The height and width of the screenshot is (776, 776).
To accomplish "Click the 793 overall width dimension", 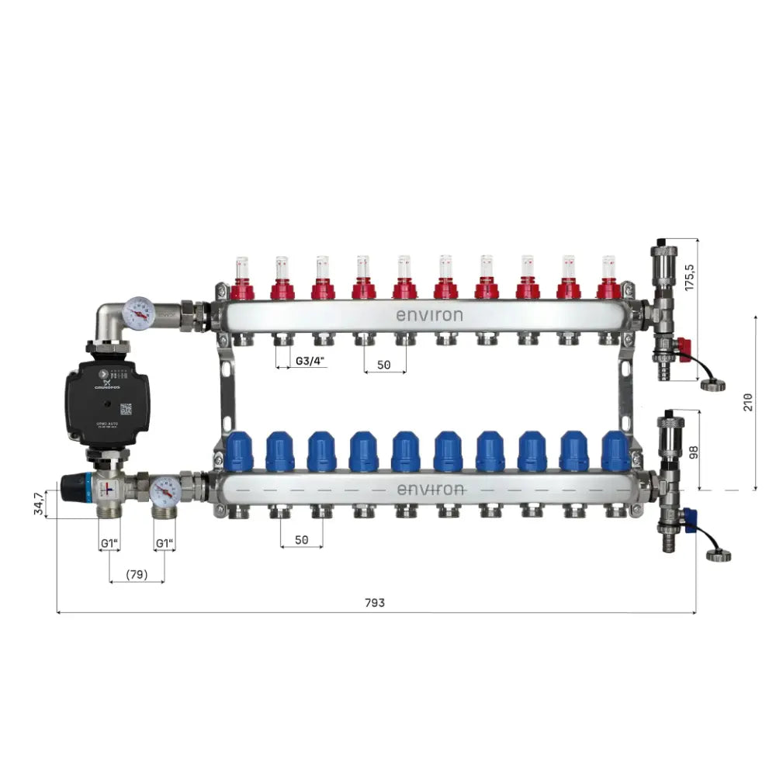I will pyautogui.click(x=374, y=603).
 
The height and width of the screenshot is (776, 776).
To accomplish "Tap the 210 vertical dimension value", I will pyautogui.click(x=747, y=402).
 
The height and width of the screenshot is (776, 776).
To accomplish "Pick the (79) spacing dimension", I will pyautogui.click(x=137, y=575).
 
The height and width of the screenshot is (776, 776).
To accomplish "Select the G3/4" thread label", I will pyautogui.click(x=309, y=361).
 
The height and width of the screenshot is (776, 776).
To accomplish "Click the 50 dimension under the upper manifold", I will pyautogui.click(x=384, y=364).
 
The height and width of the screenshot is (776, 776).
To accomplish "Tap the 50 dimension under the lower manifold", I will pyautogui.click(x=301, y=539).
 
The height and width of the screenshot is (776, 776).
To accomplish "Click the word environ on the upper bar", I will pyautogui.click(x=429, y=315).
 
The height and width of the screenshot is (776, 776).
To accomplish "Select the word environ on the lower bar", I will pyautogui.click(x=430, y=490).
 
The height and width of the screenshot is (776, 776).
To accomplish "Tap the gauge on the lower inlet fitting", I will pyautogui.click(x=165, y=490).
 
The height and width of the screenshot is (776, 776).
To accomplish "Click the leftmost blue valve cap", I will pyautogui.click(x=239, y=452).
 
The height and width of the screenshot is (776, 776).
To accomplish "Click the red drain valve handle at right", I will pyautogui.click(x=683, y=346).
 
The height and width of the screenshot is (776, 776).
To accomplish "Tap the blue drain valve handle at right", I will pyautogui.click(x=685, y=516).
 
